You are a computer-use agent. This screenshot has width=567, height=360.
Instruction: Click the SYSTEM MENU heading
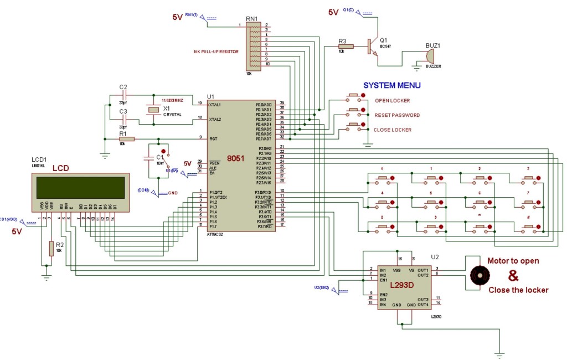point(391,85)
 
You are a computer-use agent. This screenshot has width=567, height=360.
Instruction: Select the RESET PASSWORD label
point(397,115)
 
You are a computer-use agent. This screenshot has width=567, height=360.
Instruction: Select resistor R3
point(346,47)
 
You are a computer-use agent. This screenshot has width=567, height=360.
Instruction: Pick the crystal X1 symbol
point(153,110)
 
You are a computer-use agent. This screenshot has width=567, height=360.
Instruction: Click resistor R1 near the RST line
point(123,138)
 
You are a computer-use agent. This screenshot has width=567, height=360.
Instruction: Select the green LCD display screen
point(81,187)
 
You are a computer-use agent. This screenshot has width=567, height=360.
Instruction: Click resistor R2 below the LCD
point(51,248)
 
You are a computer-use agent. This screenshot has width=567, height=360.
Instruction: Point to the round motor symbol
point(480,275)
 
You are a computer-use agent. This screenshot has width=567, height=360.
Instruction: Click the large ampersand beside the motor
point(513,275)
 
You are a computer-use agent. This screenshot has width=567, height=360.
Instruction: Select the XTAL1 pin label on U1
point(214,104)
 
